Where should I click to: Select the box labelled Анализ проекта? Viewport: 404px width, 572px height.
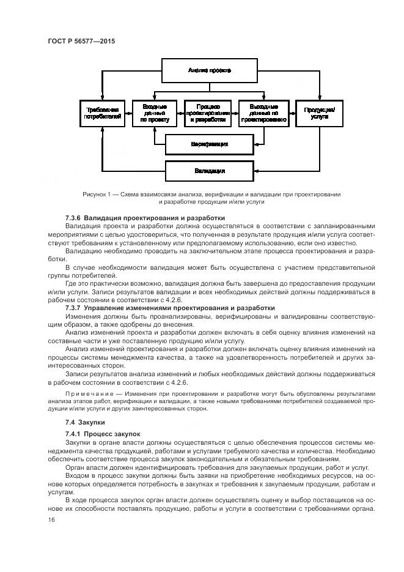209,71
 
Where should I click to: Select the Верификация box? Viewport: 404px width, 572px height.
209,144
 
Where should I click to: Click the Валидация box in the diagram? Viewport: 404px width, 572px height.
209,169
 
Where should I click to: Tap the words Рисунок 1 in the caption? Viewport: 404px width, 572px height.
97,194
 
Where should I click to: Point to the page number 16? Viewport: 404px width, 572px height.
51,520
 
